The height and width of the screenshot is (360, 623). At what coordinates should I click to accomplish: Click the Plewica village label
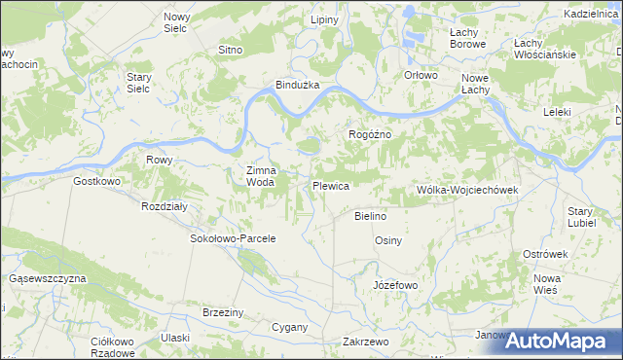coord(330,184)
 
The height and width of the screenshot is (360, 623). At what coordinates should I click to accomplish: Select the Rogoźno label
coord(369,134)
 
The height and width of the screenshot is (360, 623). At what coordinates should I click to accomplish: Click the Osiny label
coord(388,240)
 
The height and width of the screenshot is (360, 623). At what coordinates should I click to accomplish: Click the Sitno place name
coord(230,49)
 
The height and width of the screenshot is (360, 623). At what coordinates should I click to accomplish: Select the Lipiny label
coord(323,20)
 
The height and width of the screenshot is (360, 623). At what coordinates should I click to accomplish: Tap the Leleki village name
coord(557,112)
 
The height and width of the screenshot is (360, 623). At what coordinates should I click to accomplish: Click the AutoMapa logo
coord(559,341)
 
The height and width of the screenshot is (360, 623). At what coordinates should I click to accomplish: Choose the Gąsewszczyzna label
coord(48,278)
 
